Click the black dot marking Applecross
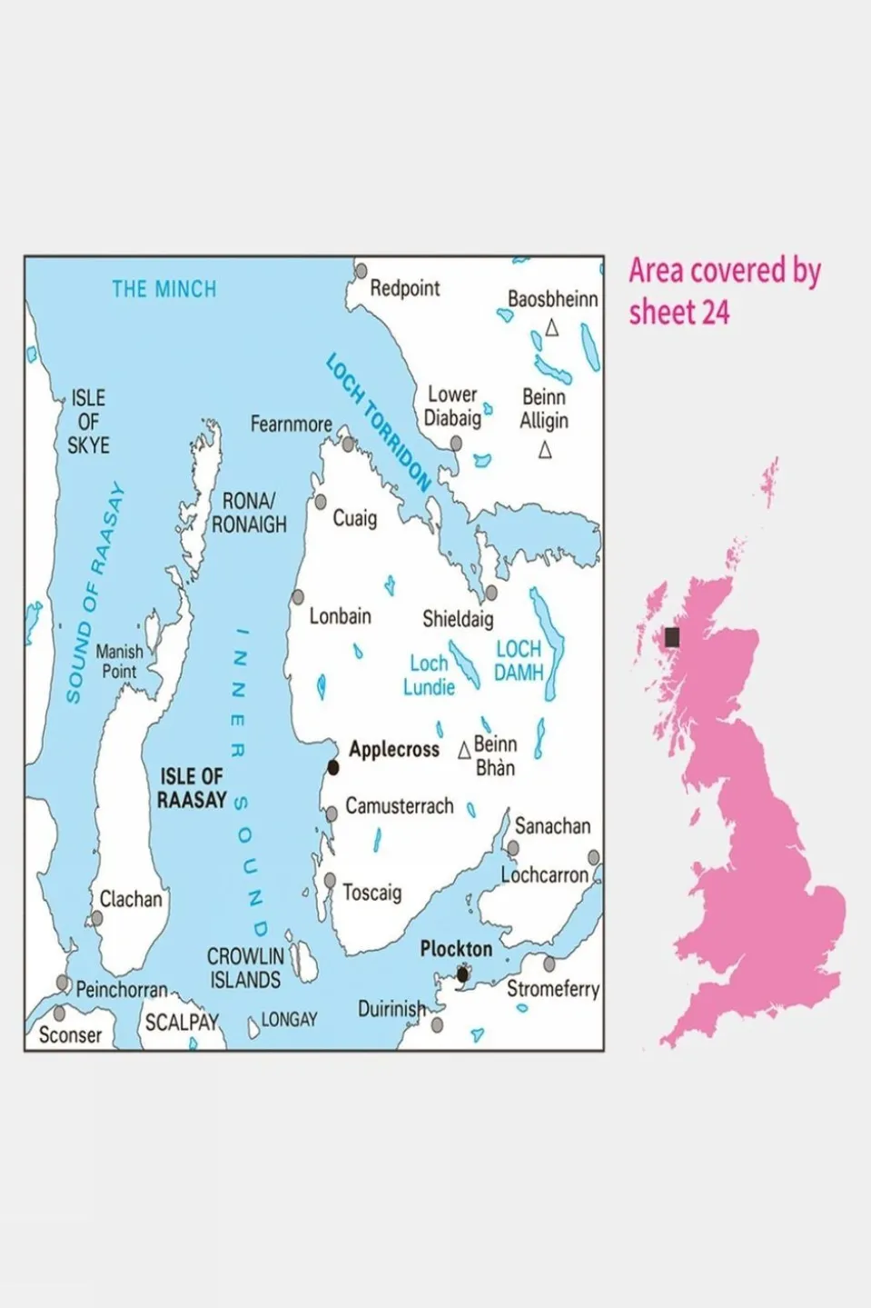click(332, 768)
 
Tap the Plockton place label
click(456, 949)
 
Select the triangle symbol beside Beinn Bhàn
click(464, 750)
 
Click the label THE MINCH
click(164, 289)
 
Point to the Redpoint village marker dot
click(361, 271)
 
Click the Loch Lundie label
click(429, 675)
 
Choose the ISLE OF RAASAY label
click(192, 788)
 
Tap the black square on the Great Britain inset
click(672, 637)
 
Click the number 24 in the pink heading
click(715, 313)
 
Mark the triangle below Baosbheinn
click(551, 328)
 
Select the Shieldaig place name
click(458, 619)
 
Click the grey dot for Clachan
click(96, 919)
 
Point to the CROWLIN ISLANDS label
click(245, 968)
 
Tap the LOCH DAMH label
click(519, 661)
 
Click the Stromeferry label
click(553, 989)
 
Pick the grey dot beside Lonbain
click(297, 597)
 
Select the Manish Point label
click(119, 662)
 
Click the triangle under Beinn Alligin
click(545, 450)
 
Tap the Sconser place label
click(70, 1034)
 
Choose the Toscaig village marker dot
click(330, 881)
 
